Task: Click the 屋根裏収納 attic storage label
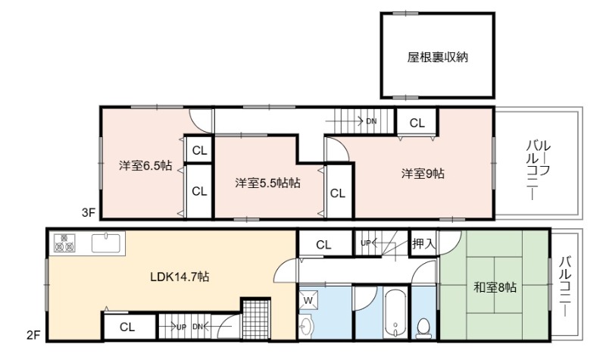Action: click(438, 58)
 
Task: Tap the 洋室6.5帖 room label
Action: click(145, 165)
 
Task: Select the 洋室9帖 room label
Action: click(423, 174)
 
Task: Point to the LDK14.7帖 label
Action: click(180, 277)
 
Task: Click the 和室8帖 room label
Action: click(495, 287)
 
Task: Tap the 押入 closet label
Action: click(424, 243)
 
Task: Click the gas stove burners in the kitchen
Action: click(64, 243)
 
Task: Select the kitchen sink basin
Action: click(105, 243)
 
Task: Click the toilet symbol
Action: click(424, 328)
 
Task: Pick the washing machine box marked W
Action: click(308, 300)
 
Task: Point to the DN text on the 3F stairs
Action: click(371, 121)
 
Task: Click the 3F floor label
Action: click(88, 213)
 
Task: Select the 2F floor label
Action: click(33, 335)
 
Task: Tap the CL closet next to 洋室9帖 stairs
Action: click(417, 123)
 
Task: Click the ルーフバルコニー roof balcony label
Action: click(538, 170)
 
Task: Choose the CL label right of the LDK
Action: click(324, 245)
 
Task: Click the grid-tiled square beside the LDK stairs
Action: click(255, 320)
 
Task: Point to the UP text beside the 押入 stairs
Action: click(365, 243)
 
